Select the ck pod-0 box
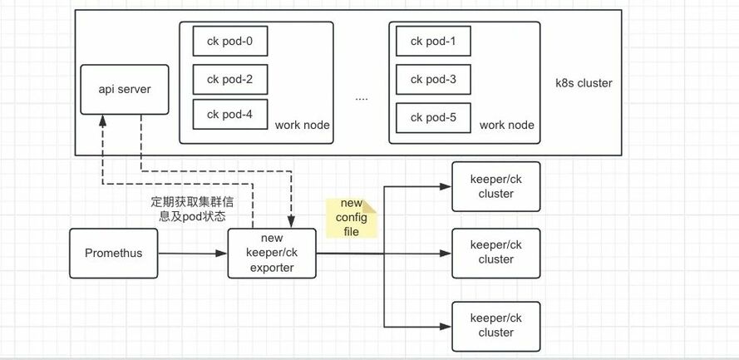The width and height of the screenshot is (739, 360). [x=229, y=41]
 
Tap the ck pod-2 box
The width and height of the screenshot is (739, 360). [x=229, y=79]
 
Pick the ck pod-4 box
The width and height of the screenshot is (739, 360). [x=229, y=114]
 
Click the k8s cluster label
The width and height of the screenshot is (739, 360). [x=584, y=83]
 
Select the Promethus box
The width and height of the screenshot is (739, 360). [x=113, y=252]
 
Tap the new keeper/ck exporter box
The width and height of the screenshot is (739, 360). [x=273, y=252]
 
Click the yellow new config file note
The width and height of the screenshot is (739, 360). [x=352, y=218]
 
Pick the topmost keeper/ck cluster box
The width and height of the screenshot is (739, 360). [x=495, y=186]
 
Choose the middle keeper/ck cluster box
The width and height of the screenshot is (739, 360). [x=495, y=252]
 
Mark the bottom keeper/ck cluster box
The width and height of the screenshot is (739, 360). [x=495, y=325]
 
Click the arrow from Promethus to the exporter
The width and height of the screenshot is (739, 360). [x=193, y=252]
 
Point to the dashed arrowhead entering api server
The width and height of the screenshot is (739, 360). [x=101, y=120]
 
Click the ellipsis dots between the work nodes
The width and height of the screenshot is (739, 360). [x=361, y=98]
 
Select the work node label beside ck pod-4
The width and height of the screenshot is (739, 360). [x=302, y=126]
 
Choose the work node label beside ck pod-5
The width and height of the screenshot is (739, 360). [x=506, y=126]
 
